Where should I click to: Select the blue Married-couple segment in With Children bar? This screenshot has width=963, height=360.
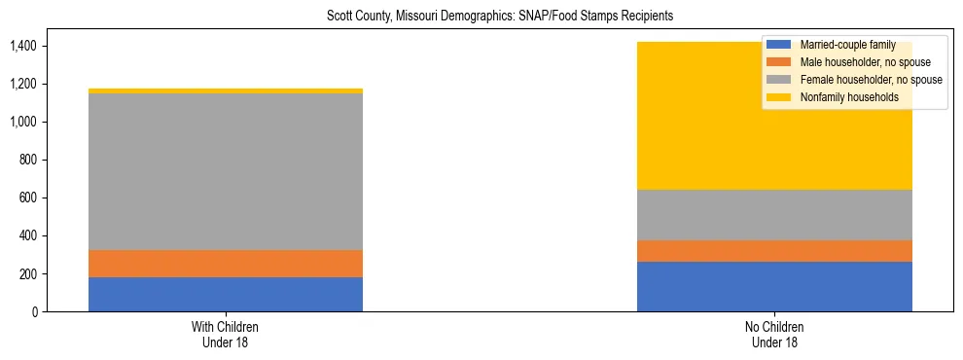tap(226, 294)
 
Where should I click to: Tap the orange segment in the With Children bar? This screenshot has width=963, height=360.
tap(226, 264)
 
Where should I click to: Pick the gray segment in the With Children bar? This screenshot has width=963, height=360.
tap(226, 171)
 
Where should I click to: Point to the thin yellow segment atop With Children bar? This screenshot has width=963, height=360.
tap(226, 90)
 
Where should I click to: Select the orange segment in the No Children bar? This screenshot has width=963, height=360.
tap(774, 251)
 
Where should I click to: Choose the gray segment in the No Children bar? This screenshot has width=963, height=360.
tap(774, 215)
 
